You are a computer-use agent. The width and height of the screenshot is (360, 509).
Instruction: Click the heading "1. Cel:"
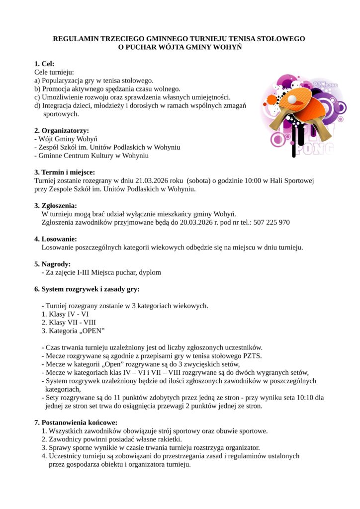[44, 64]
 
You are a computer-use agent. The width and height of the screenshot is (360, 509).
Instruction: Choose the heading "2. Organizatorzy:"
[62, 131]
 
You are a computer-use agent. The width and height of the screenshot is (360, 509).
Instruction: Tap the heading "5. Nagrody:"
[52, 264]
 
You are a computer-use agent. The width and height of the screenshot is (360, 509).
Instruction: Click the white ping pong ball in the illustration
[292, 100]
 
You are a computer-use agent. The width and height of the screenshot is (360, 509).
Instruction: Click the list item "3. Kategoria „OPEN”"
[73, 331]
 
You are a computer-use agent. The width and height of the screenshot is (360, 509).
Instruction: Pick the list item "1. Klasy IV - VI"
[65, 314]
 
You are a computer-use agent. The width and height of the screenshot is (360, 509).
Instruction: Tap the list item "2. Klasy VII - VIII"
[69, 322]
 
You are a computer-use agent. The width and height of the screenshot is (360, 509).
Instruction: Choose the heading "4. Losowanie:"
[55, 239]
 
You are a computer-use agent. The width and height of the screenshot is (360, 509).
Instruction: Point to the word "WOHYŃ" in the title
[226, 47]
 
